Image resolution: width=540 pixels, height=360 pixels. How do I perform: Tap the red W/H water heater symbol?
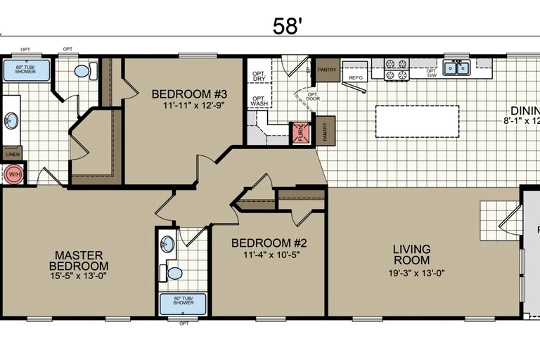(x=12, y=174)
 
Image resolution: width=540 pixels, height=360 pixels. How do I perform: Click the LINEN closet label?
(x=12, y=155)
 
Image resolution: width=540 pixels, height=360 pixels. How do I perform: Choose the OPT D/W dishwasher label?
(x=431, y=72)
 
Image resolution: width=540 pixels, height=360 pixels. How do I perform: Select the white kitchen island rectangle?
(x=417, y=122)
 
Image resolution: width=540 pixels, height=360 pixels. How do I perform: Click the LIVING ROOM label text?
(x=411, y=255)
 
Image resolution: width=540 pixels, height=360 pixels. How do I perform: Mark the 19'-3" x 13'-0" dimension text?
(x=416, y=273)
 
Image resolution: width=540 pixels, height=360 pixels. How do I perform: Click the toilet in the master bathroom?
(x=82, y=71)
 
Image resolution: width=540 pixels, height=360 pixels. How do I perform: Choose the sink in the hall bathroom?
(x=167, y=245)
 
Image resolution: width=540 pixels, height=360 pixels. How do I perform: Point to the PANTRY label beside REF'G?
(x=326, y=70)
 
